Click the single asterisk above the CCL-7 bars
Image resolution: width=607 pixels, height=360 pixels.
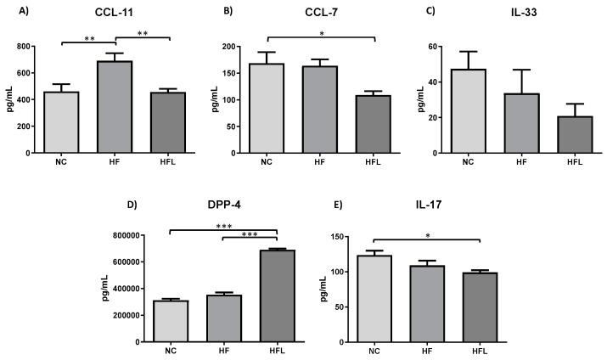pyautogui.click(x=322, y=31)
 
